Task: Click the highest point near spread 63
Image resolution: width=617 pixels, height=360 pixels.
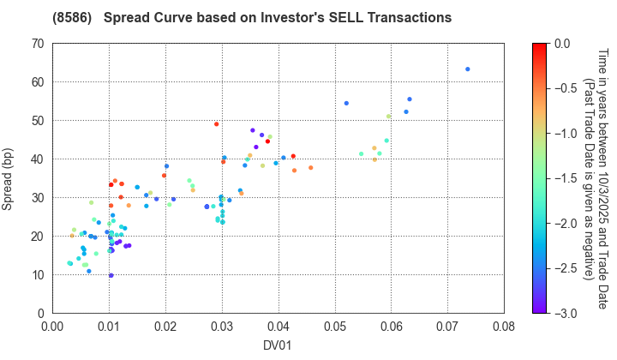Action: point(467,69)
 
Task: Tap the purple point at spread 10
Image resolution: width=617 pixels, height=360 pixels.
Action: point(111,276)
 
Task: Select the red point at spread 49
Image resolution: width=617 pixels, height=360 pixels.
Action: point(217,124)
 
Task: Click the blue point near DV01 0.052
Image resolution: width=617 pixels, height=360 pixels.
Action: point(346,104)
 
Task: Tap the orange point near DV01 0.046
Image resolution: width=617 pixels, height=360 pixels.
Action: point(311,168)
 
